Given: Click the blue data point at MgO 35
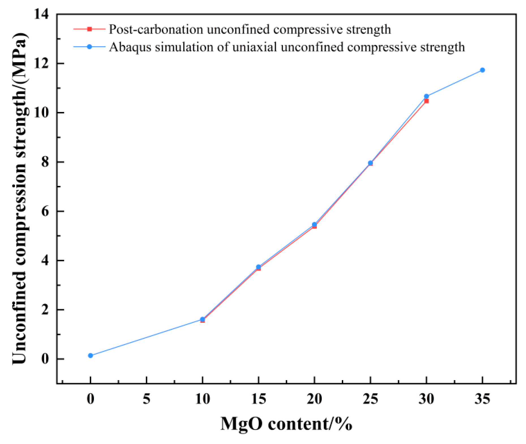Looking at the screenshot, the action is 482,70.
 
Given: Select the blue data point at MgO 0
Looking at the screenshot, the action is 91,356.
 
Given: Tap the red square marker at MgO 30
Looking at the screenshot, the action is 426,101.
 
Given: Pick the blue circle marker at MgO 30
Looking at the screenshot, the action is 426,96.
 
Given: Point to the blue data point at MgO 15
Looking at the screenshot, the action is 258,267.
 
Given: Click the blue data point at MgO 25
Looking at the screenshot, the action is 370,163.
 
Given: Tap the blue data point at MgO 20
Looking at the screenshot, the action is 314,224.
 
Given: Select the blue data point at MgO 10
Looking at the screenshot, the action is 202,319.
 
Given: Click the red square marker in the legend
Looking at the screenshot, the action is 89,29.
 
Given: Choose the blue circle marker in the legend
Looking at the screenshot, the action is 89,47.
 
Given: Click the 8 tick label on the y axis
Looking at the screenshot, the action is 45,162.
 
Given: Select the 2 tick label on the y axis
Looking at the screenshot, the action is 45,310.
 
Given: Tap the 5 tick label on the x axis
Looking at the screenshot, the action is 147,399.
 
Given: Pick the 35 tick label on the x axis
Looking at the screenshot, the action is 482,399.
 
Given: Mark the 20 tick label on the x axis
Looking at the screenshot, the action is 314,399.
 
